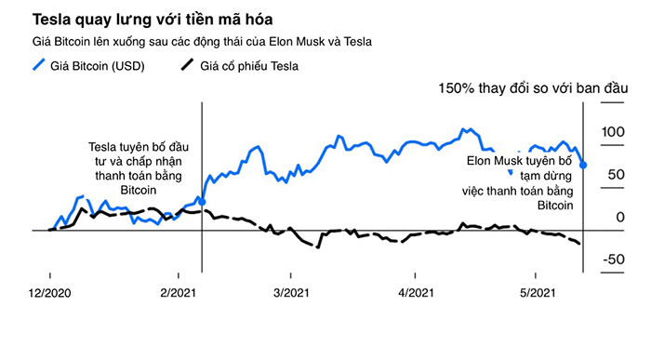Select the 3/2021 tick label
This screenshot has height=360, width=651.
click(291, 293)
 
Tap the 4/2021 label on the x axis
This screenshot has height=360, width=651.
click(415, 293)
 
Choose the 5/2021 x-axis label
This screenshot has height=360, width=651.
click(537, 293)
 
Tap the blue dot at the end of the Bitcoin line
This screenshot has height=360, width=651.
click(583, 166)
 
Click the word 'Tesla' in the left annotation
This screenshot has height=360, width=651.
click(103, 146)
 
